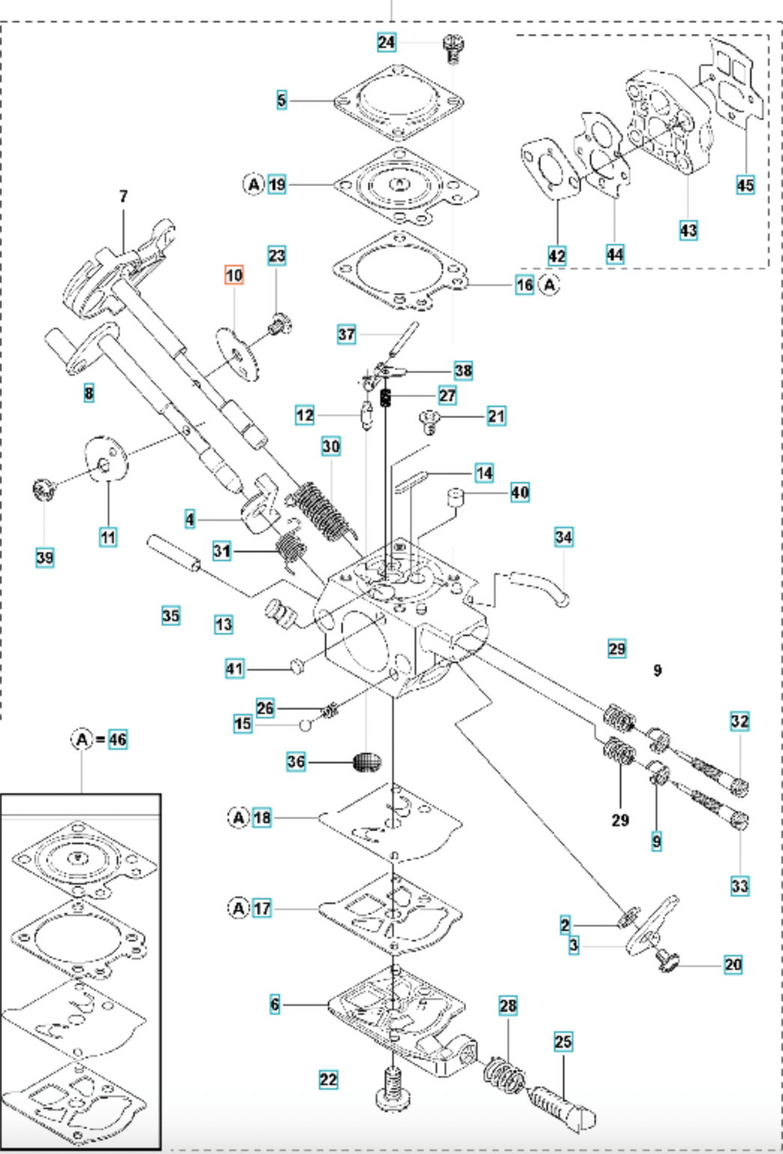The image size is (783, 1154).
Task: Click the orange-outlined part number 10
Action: [x=234, y=275]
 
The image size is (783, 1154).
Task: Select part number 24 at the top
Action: [x=386, y=42]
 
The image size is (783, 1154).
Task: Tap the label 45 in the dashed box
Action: [x=745, y=184]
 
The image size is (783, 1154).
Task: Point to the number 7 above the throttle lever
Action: [x=124, y=196]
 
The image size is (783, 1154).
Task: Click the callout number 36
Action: [x=296, y=762]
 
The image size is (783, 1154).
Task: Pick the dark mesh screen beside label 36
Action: [x=367, y=762]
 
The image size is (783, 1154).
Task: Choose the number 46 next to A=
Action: [x=118, y=739]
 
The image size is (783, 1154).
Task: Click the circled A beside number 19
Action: [x=254, y=184]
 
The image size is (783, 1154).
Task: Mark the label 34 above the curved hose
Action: [x=564, y=537]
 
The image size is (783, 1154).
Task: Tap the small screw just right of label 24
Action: [x=451, y=48]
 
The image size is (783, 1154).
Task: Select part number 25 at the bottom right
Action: [x=563, y=1041]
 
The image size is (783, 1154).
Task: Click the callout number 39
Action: [x=45, y=557]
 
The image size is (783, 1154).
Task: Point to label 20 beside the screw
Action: [x=733, y=965]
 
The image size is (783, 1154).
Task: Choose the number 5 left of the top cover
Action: [x=281, y=100]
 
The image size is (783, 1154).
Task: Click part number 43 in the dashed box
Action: [x=688, y=230]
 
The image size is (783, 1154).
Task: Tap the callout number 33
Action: [x=740, y=886]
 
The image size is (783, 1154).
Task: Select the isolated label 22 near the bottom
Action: [x=328, y=1079]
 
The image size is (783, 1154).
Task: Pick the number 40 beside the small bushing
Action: [x=520, y=492]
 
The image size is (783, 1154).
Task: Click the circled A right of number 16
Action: [x=550, y=284]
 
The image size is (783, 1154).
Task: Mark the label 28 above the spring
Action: [x=508, y=1005]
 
